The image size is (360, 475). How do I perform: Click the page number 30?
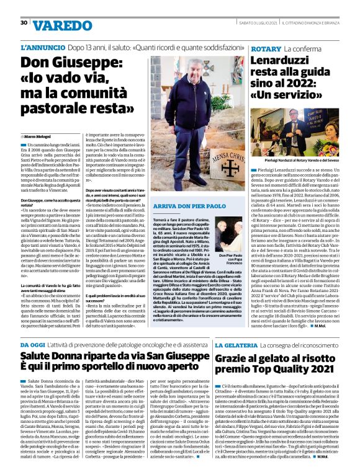point(24,23)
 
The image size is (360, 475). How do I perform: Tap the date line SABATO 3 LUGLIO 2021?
point(259,23)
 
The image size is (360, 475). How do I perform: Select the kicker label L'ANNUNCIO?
point(42,47)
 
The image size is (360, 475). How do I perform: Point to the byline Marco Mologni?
point(38,136)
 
